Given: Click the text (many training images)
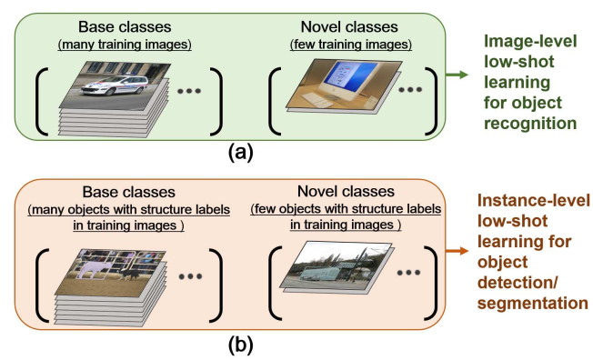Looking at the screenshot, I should tap(120, 45).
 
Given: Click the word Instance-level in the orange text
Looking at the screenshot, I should tap(533, 201).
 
